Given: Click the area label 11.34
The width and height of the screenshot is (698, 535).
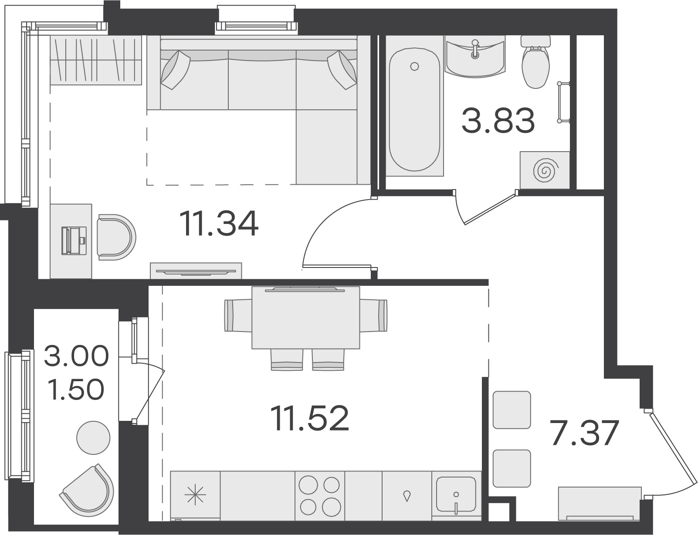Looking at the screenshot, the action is pos(220,223).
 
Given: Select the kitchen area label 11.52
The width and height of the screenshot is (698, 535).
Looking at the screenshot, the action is pos(310,418).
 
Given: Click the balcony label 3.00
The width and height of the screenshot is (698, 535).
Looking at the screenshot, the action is pos(76,356).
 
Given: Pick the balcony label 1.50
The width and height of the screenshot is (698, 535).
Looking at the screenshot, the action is pos(76,389).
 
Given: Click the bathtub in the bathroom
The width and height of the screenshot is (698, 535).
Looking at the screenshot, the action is pos(414,109).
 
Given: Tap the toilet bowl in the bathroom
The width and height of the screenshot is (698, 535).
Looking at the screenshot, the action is pos(535,62).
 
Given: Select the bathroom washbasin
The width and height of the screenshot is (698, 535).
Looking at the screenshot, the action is pos(475,56).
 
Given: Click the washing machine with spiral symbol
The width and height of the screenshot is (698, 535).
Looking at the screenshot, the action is pos(545,170).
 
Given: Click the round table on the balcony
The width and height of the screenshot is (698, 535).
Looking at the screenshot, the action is pos(93,437).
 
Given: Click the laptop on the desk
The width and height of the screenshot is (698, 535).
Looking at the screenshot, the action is pos(74,240).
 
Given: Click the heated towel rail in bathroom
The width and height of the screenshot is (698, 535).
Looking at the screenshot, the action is pos(563,102).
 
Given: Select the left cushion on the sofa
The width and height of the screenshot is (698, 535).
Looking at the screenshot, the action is pos(175,69).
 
